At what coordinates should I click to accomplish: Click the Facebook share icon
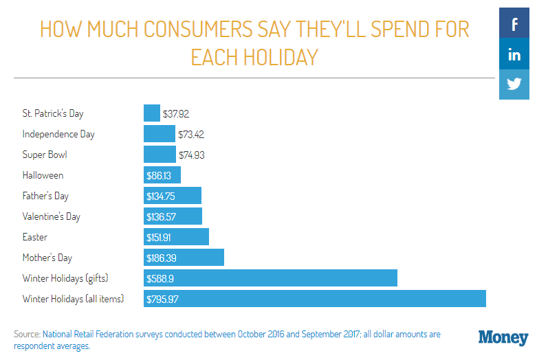point(514,25)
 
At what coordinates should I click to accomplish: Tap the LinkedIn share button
point(514,56)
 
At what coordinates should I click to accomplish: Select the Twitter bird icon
point(514,85)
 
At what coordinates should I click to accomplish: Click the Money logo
point(503,337)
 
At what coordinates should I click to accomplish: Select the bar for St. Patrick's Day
point(152,113)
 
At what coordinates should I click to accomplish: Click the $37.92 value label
point(176,113)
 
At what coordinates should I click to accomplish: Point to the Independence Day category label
point(58,134)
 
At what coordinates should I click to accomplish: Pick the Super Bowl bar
point(160,155)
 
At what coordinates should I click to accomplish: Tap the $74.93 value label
point(192,155)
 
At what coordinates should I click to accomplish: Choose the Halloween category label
point(43,175)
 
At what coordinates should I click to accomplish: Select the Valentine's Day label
point(52,216)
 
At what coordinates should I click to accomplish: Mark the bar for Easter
point(176,237)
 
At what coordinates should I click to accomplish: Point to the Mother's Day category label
point(47,258)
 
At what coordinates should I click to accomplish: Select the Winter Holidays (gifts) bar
point(271,278)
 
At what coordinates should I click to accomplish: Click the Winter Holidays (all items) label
point(73,299)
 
